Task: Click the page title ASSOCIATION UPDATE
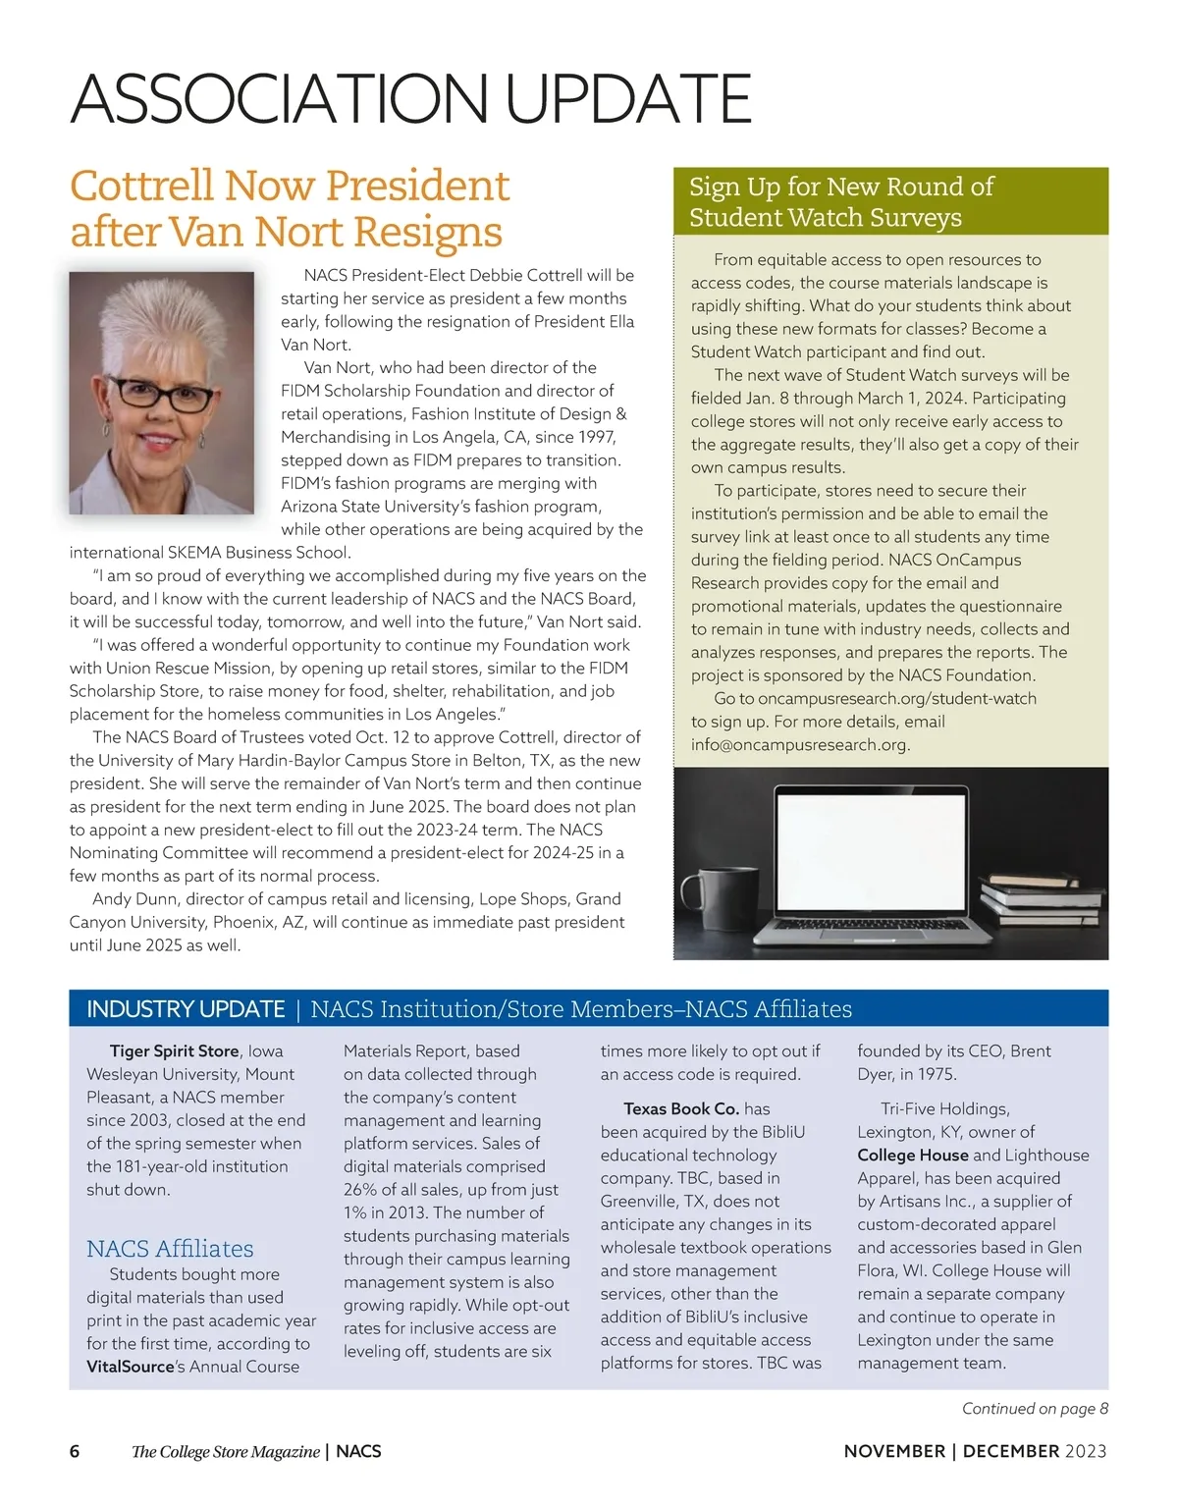[410, 98]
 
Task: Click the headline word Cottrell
[141, 186]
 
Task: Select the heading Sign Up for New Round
[840, 187]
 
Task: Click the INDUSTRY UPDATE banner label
[186, 1009]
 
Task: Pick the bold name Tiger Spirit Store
[174, 1050]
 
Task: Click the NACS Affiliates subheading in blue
[170, 1249]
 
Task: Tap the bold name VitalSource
[130, 1366]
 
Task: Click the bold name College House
[913, 1155]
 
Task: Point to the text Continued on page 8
[1035, 1408]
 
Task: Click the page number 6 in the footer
[75, 1451]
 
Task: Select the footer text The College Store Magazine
[226, 1451]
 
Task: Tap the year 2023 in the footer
[1085, 1451]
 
